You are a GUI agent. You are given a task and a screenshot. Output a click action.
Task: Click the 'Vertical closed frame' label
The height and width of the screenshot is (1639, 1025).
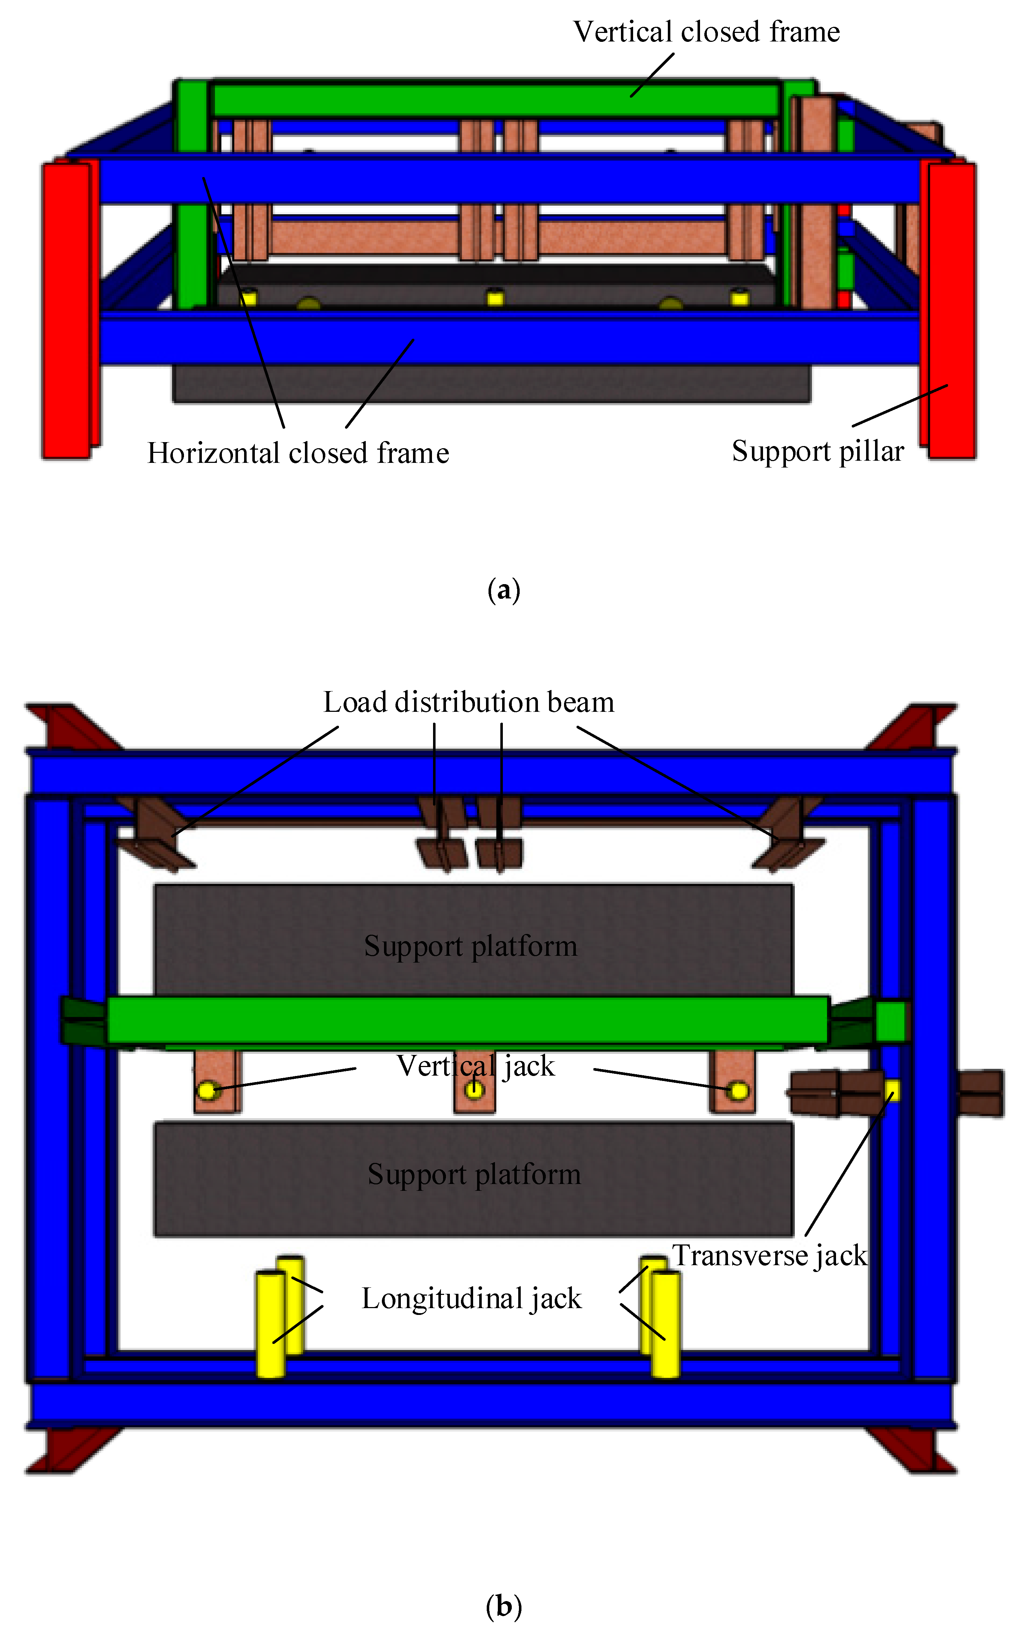tap(706, 32)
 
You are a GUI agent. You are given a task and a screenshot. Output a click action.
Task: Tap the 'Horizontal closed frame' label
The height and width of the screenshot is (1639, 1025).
tap(298, 452)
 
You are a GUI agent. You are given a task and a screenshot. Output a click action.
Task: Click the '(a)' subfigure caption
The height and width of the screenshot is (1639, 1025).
tap(504, 590)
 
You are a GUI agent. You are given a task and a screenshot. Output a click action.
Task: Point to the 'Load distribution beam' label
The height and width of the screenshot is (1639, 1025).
tap(468, 702)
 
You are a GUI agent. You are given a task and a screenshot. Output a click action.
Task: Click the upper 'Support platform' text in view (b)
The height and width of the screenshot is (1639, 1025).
tap(471, 946)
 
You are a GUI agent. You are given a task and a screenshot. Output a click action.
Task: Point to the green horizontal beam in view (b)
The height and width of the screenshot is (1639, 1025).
tap(468, 1020)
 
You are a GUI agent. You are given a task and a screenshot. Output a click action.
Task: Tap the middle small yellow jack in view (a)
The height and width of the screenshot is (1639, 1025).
tap(496, 298)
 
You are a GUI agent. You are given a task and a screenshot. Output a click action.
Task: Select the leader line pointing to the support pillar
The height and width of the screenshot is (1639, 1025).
tap(900, 405)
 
